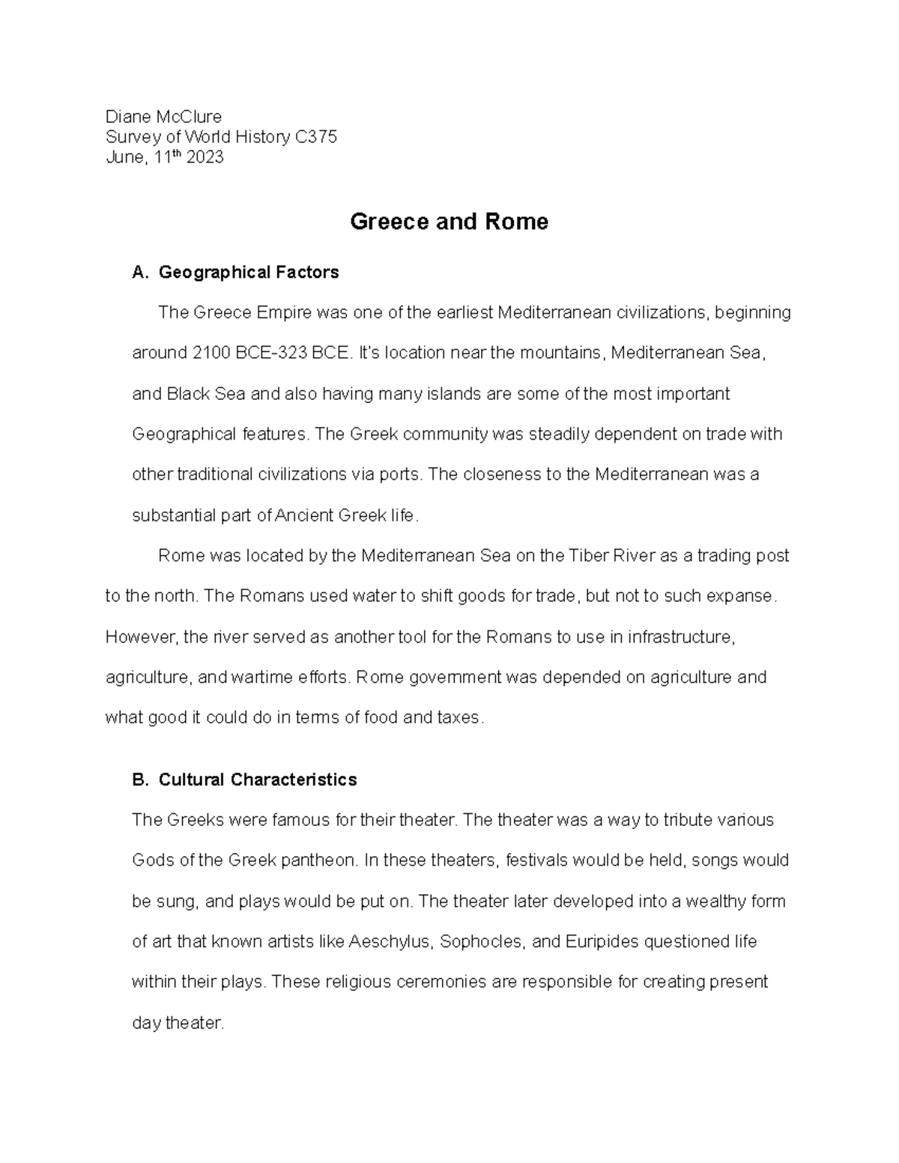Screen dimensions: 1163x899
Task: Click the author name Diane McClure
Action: click(163, 117)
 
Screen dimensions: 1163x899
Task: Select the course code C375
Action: click(316, 137)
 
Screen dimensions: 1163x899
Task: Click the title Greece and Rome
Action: click(449, 222)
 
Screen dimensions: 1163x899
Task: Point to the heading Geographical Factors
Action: click(249, 273)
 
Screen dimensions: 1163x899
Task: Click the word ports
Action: click(402, 475)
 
